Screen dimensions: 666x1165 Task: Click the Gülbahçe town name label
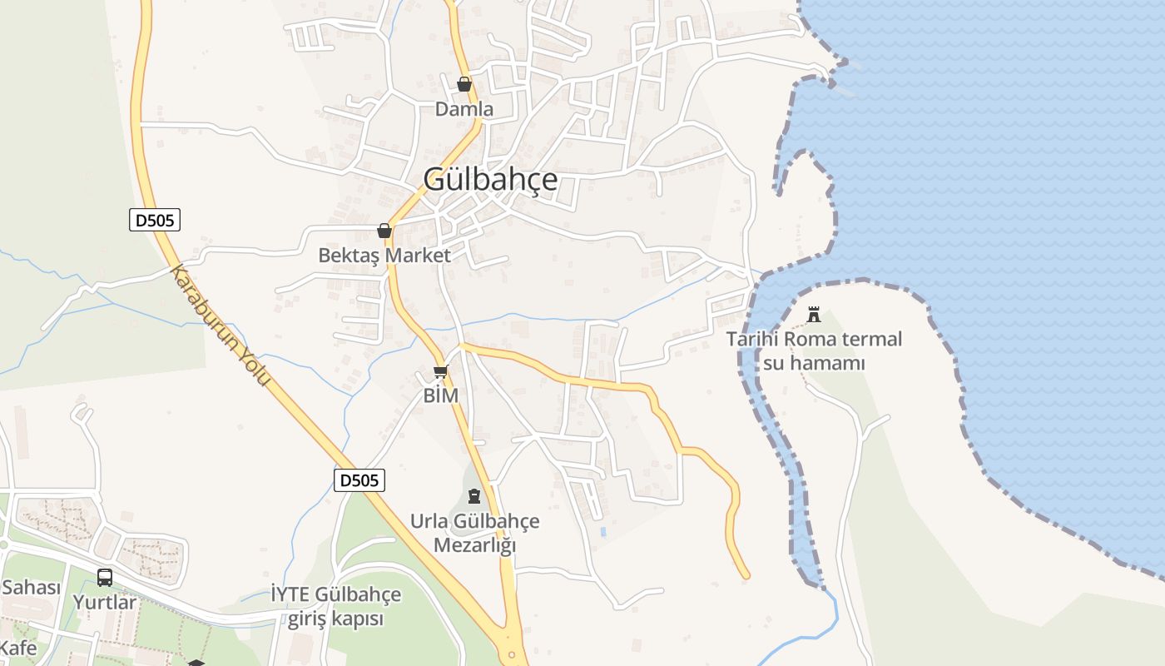click(490, 180)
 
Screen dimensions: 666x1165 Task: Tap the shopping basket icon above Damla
click(464, 84)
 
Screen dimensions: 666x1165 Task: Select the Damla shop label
click(464, 109)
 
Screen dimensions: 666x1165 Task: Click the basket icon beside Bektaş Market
click(384, 231)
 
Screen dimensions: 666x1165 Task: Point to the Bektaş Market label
click(384, 256)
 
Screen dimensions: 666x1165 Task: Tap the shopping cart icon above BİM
click(441, 371)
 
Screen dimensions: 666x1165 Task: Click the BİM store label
click(441, 395)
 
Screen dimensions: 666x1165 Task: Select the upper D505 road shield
click(155, 221)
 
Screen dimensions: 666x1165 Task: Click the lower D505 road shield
click(359, 480)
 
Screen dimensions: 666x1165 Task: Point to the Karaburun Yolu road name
click(221, 326)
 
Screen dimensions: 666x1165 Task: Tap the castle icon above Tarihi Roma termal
click(814, 315)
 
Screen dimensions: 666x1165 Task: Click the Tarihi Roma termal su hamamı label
click(814, 351)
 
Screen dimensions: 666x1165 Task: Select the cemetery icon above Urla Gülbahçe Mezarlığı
click(474, 497)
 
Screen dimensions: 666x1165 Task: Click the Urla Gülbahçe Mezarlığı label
click(474, 534)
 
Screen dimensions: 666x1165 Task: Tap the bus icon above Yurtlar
click(105, 577)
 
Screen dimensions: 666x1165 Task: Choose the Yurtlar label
click(105, 602)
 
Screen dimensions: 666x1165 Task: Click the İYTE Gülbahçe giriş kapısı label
click(336, 607)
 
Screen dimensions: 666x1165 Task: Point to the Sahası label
click(31, 588)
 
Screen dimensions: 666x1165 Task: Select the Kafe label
click(18, 648)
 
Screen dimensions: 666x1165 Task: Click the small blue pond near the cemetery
click(602, 530)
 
